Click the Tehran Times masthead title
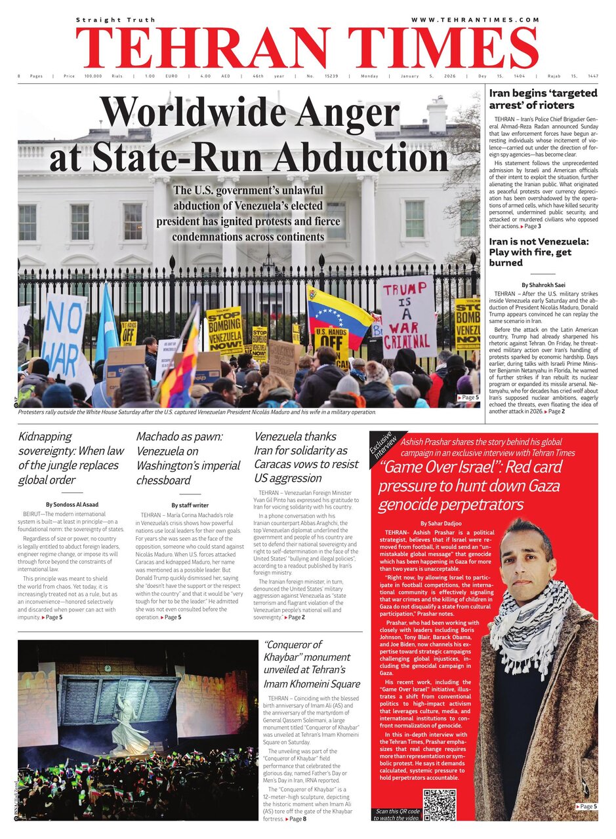pos(307,49)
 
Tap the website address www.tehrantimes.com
pos(475,20)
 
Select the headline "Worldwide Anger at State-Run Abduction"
pos(249,134)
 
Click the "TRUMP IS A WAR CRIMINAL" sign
pos(408,315)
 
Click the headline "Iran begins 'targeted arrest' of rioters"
pos(543,99)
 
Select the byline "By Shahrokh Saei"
pos(543,285)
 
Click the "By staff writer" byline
pos(190,505)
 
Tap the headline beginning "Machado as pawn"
pos(188,458)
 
